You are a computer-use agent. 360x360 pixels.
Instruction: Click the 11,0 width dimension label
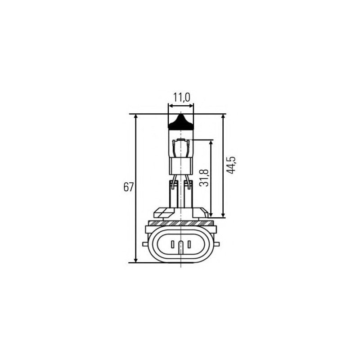[181, 97]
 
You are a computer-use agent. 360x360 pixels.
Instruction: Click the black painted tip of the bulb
[180, 123]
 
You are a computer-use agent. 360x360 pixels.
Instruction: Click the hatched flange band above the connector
[180, 223]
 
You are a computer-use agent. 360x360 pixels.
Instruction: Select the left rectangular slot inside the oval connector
[172, 245]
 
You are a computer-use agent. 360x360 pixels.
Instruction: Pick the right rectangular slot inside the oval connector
[189, 245]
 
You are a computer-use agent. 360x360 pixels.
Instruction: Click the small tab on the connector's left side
[144, 244]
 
